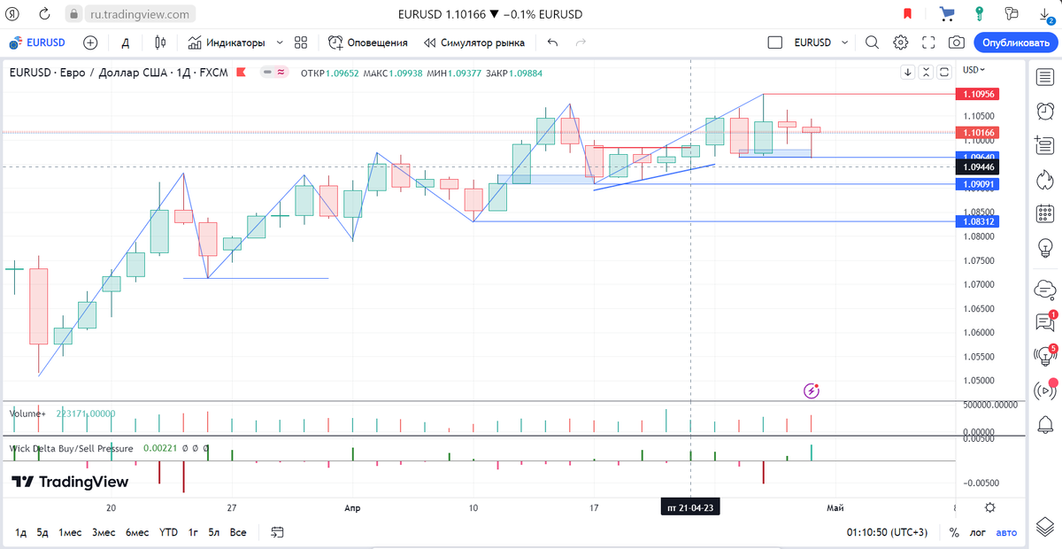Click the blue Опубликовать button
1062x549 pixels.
[x=1015, y=43]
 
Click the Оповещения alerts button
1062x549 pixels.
[x=368, y=43]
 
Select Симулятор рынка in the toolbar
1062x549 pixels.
[x=474, y=43]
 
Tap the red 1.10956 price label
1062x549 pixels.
[x=977, y=94]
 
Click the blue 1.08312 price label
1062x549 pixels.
[x=977, y=221]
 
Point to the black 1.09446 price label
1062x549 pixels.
[x=977, y=166]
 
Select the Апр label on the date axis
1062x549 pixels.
[x=352, y=507]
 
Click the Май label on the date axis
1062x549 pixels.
[x=835, y=507]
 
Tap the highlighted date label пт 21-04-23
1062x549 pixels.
[x=690, y=507]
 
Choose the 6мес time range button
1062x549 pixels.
[x=137, y=532]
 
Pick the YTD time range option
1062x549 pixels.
[x=168, y=532]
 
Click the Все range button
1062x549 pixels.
[x=237, y=532]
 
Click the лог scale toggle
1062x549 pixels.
[x=977, y=532]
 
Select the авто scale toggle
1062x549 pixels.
[x=1006, y=532]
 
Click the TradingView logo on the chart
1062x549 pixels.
[x=70, y=482]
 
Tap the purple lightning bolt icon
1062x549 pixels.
[x=812, y=390]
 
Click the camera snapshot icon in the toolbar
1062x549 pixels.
[x=957, y=43]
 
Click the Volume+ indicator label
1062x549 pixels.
[x=27, y=414]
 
